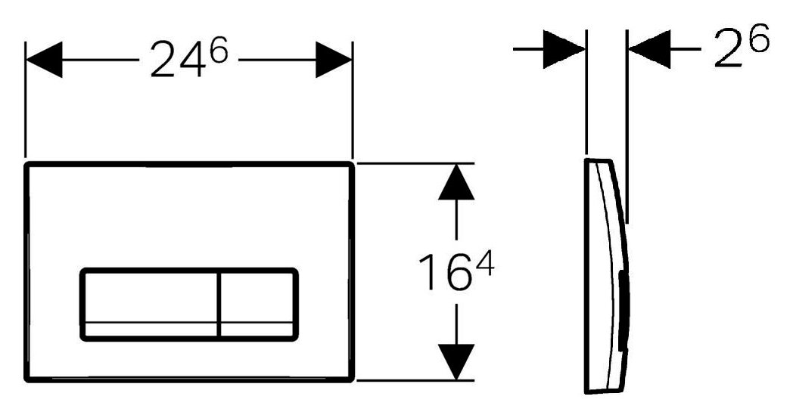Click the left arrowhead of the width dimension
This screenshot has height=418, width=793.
pyautogui.click(x=44, y=60)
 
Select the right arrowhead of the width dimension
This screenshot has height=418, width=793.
pyautogui.click(x=334, y=60)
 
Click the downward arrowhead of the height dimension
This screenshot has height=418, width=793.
pyautogui.click(x=456, y=361)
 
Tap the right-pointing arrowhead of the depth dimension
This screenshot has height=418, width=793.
pyautogui.click(x=566, y=50)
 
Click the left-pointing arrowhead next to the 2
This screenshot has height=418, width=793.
pyautogui.click(x=648, y=50)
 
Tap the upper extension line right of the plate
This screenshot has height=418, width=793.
pyautogui.click(x=415, y=162)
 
